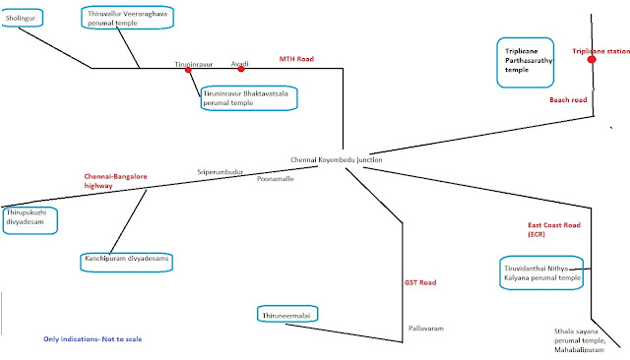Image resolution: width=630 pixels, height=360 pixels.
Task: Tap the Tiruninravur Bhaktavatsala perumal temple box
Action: click(247, 97)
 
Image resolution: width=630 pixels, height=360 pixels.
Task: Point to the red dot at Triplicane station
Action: click(592, 60)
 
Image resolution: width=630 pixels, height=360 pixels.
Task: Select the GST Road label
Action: click(421, 283)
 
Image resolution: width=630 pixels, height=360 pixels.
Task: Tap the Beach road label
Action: click(568, 99)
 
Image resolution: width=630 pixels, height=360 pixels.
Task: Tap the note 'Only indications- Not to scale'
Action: click(93, 339)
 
